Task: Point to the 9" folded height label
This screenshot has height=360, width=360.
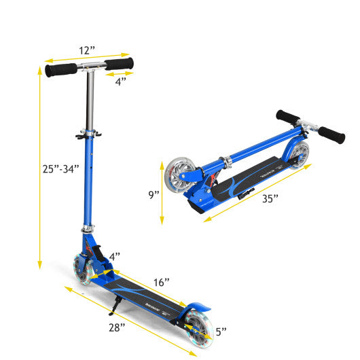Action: click(154, 194)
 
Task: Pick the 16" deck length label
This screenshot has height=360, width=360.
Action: click(161, 281)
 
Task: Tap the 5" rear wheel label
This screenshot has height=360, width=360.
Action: click(221, 334)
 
